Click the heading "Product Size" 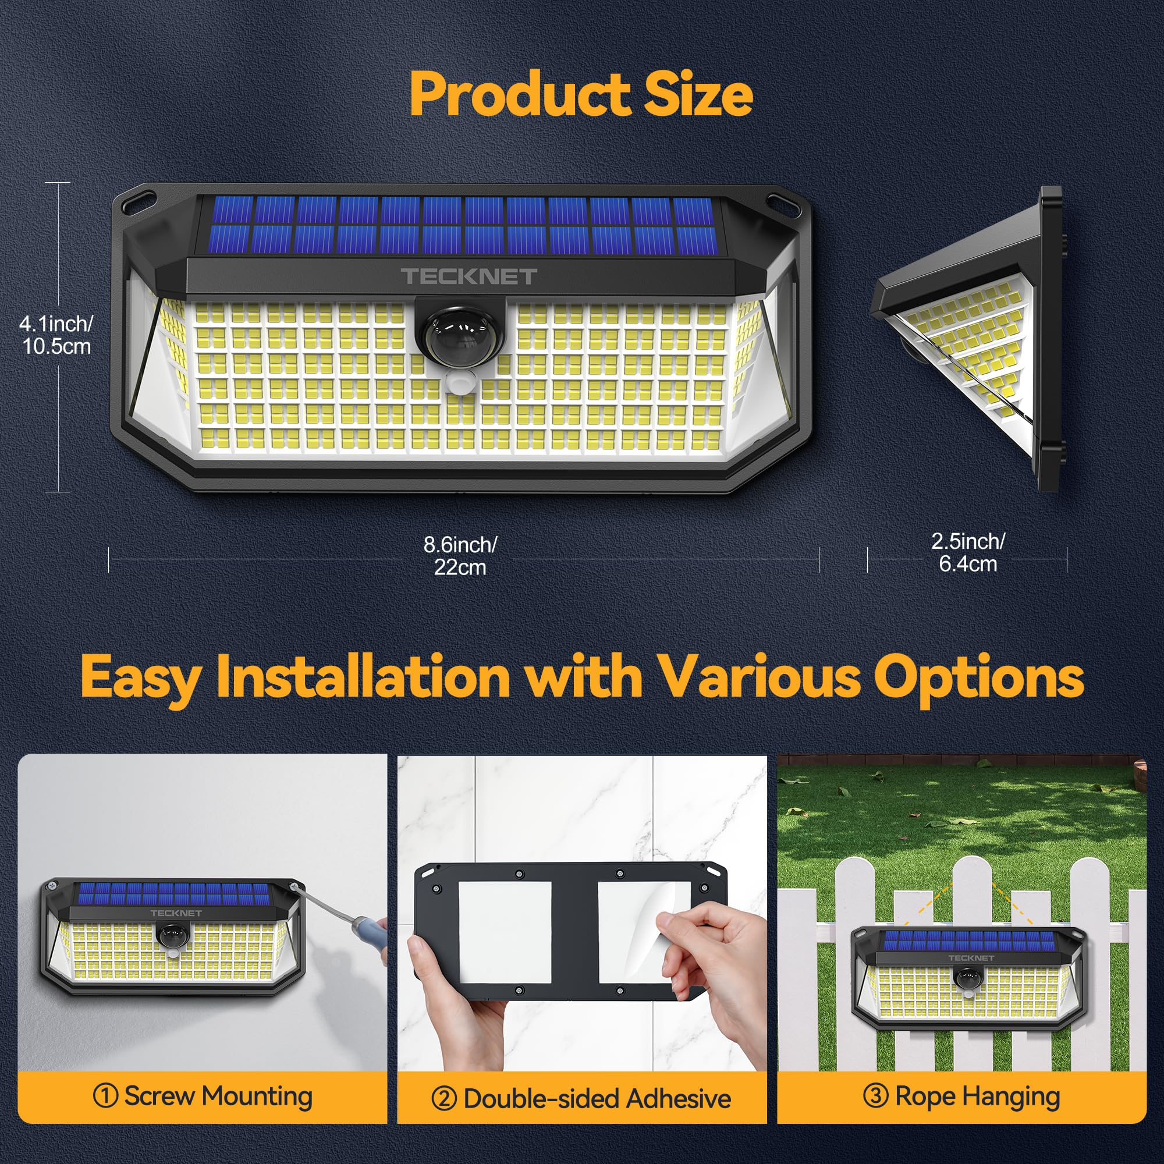tap(581, 95)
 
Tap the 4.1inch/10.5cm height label tap(56, 335)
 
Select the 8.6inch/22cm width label tap(460, 555)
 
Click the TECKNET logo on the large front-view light tap(469, 276)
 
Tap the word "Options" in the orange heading tap(978, 677)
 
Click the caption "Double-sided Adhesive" tap(597, 1098)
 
